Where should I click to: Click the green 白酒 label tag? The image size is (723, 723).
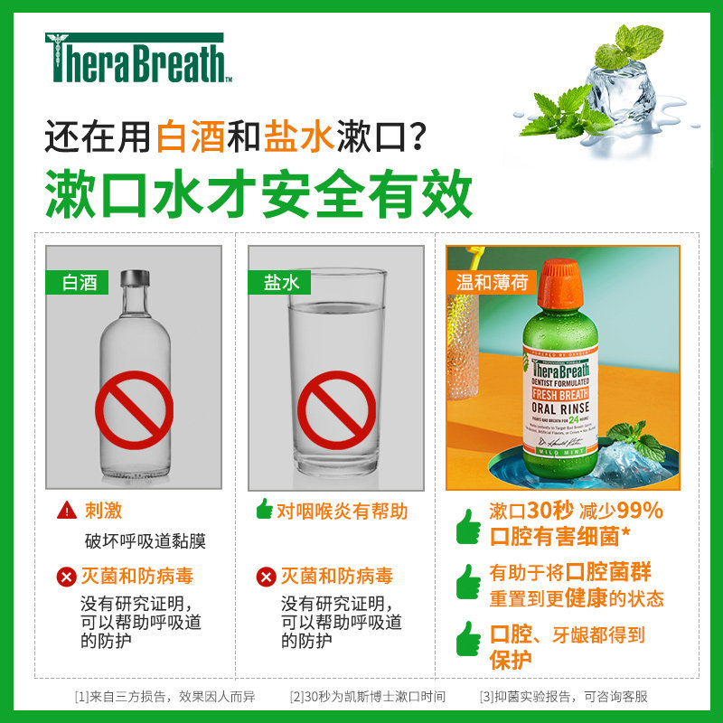tap(78, 281)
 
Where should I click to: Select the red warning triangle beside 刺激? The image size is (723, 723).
tap(67, 512)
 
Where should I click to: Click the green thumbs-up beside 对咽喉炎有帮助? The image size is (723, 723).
tap(264, 510)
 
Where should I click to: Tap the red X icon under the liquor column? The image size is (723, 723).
tap(67, 577)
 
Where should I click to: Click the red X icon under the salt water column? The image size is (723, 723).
tap(266, 577)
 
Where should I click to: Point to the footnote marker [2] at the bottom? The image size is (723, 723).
tap(296, 697)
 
